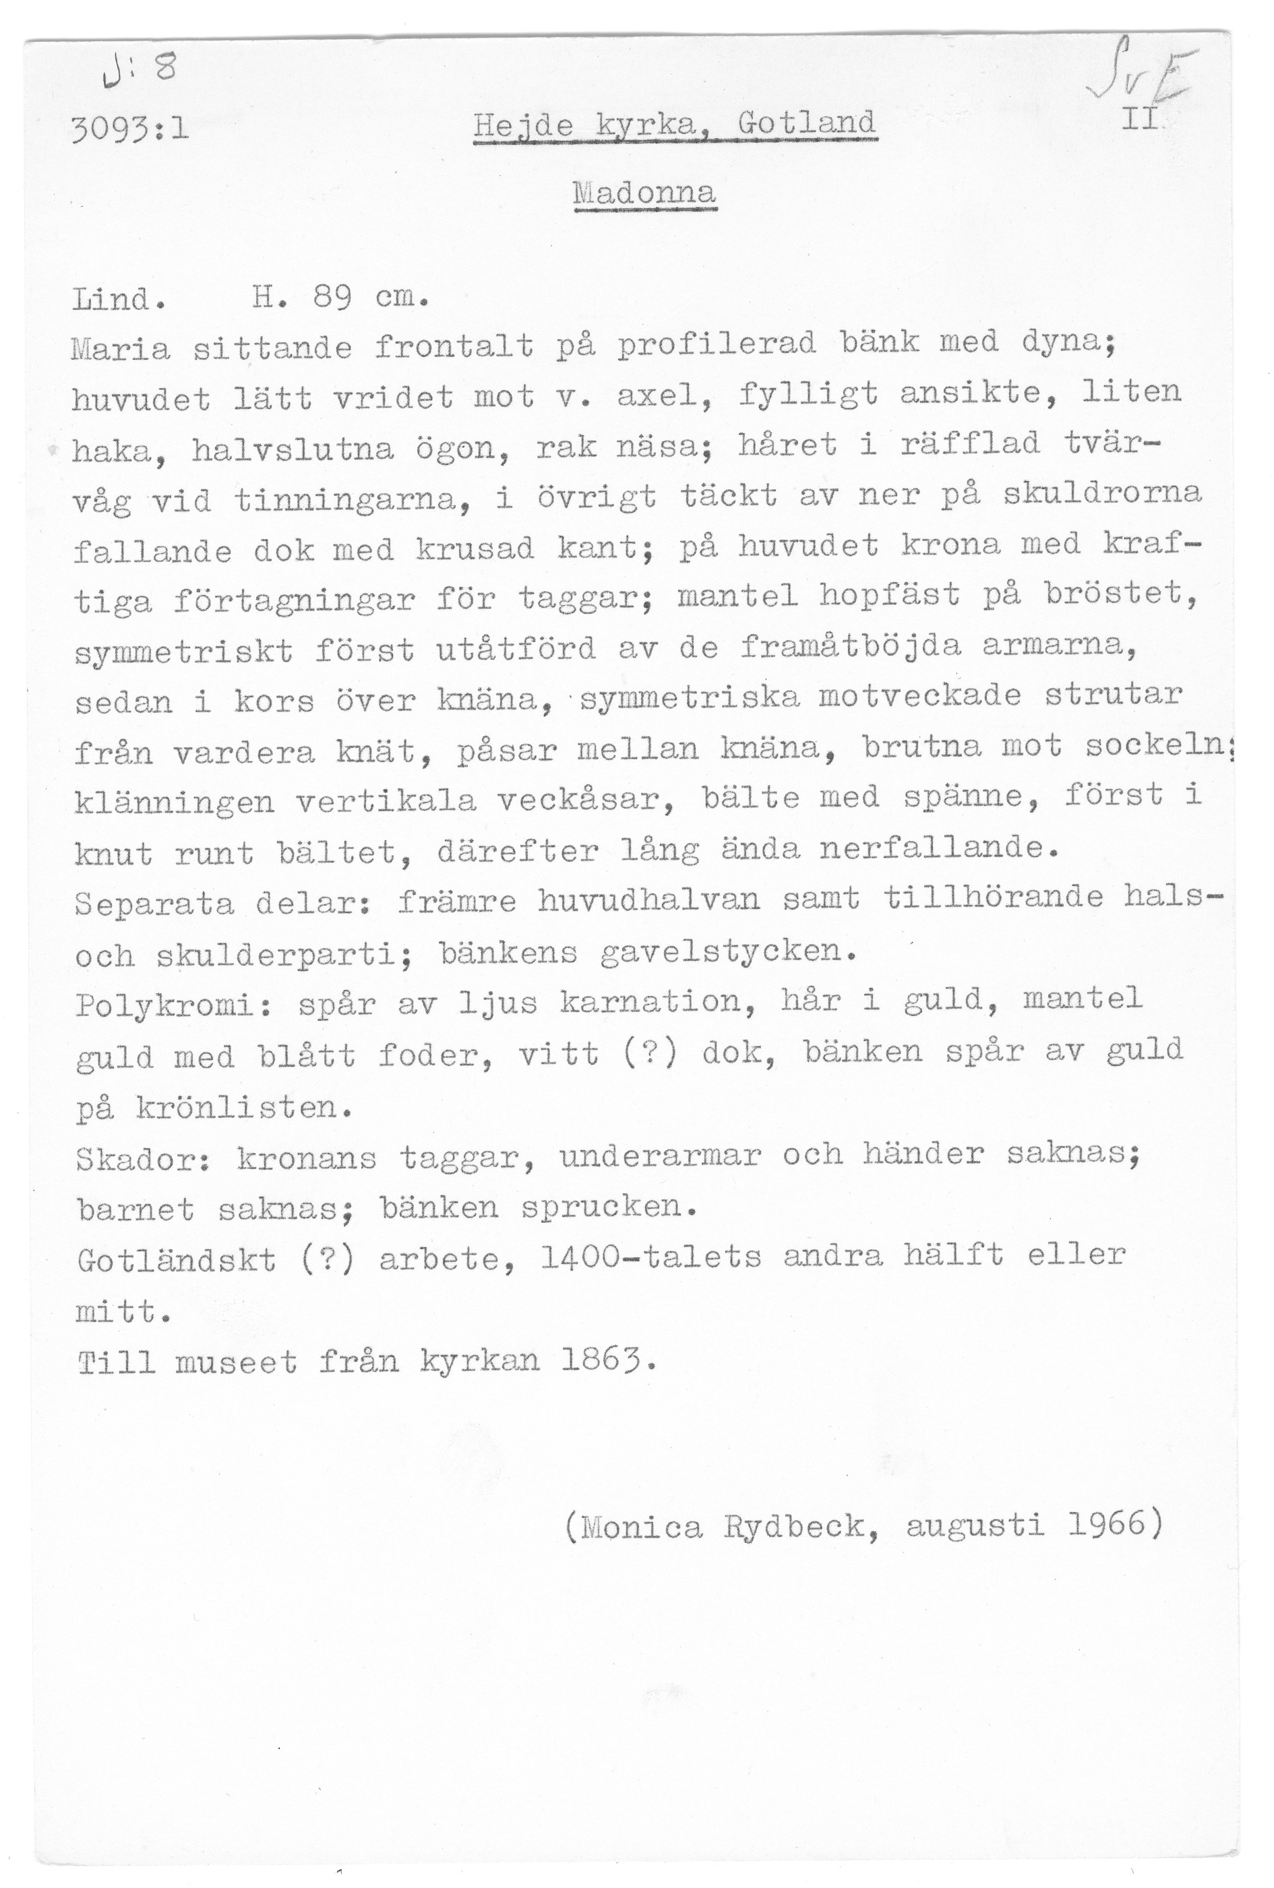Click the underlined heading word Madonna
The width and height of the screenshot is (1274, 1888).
[644, 193]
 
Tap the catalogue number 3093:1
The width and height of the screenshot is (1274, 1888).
[131, 128]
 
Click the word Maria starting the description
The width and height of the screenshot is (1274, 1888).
[121, 350]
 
